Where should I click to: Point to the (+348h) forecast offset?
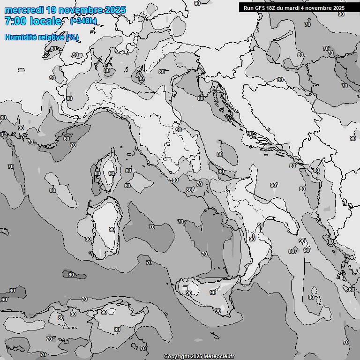click(x=83, y=21)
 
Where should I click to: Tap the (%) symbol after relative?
click(x=72, y=37)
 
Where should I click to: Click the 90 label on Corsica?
click(x=111, y=173)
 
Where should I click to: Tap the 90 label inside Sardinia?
click(x=112, y=229)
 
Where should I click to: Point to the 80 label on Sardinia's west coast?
click(x=88, y=239)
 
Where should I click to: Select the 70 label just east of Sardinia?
click(x=151, y=227)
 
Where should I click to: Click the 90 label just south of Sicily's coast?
click(x=217, y=311)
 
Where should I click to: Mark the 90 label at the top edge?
click(x=197, y=3)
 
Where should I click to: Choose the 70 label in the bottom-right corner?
click(x=345, y=342)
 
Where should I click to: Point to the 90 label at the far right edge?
click(x=352, y=138)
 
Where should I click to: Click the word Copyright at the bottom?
click(x=176, y=356)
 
